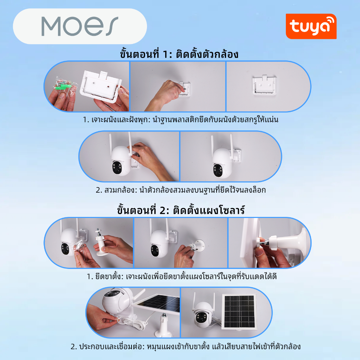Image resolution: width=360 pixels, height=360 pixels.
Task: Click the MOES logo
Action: click(80, 26)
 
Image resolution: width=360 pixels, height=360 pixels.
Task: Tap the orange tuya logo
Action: click(311, 26)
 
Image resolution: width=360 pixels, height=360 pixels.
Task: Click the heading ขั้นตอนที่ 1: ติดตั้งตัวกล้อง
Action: click(179, 54)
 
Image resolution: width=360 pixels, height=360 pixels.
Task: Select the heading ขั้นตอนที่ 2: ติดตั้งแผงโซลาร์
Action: click(181, 210)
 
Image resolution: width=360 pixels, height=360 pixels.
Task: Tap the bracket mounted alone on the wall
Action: click(264, 85)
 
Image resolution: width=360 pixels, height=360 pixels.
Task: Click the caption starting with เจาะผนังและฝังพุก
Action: click(180, 120)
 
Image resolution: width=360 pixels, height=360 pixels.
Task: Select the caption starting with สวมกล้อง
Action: click(181, 190)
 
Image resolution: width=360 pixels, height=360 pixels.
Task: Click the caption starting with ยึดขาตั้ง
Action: click(182, 276)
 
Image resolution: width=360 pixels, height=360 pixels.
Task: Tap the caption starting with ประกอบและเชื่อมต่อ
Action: click(186, 346)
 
